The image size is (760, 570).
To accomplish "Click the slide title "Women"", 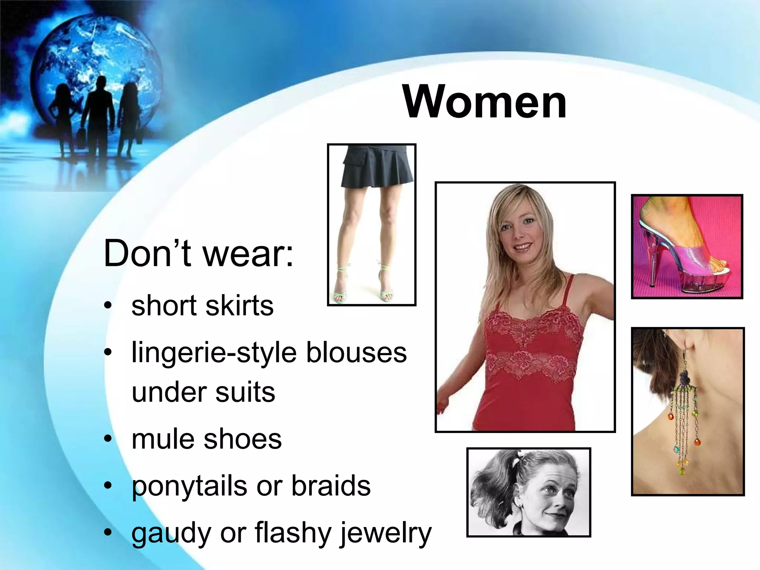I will (x=485, y=101).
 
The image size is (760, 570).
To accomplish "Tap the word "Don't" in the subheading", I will (x=147, y=254).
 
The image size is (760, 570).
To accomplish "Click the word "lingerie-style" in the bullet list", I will (x=214, y=353).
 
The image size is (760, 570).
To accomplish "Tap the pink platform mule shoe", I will (x=690, y=256).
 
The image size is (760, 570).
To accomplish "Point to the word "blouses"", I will (x=356, y=353).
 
